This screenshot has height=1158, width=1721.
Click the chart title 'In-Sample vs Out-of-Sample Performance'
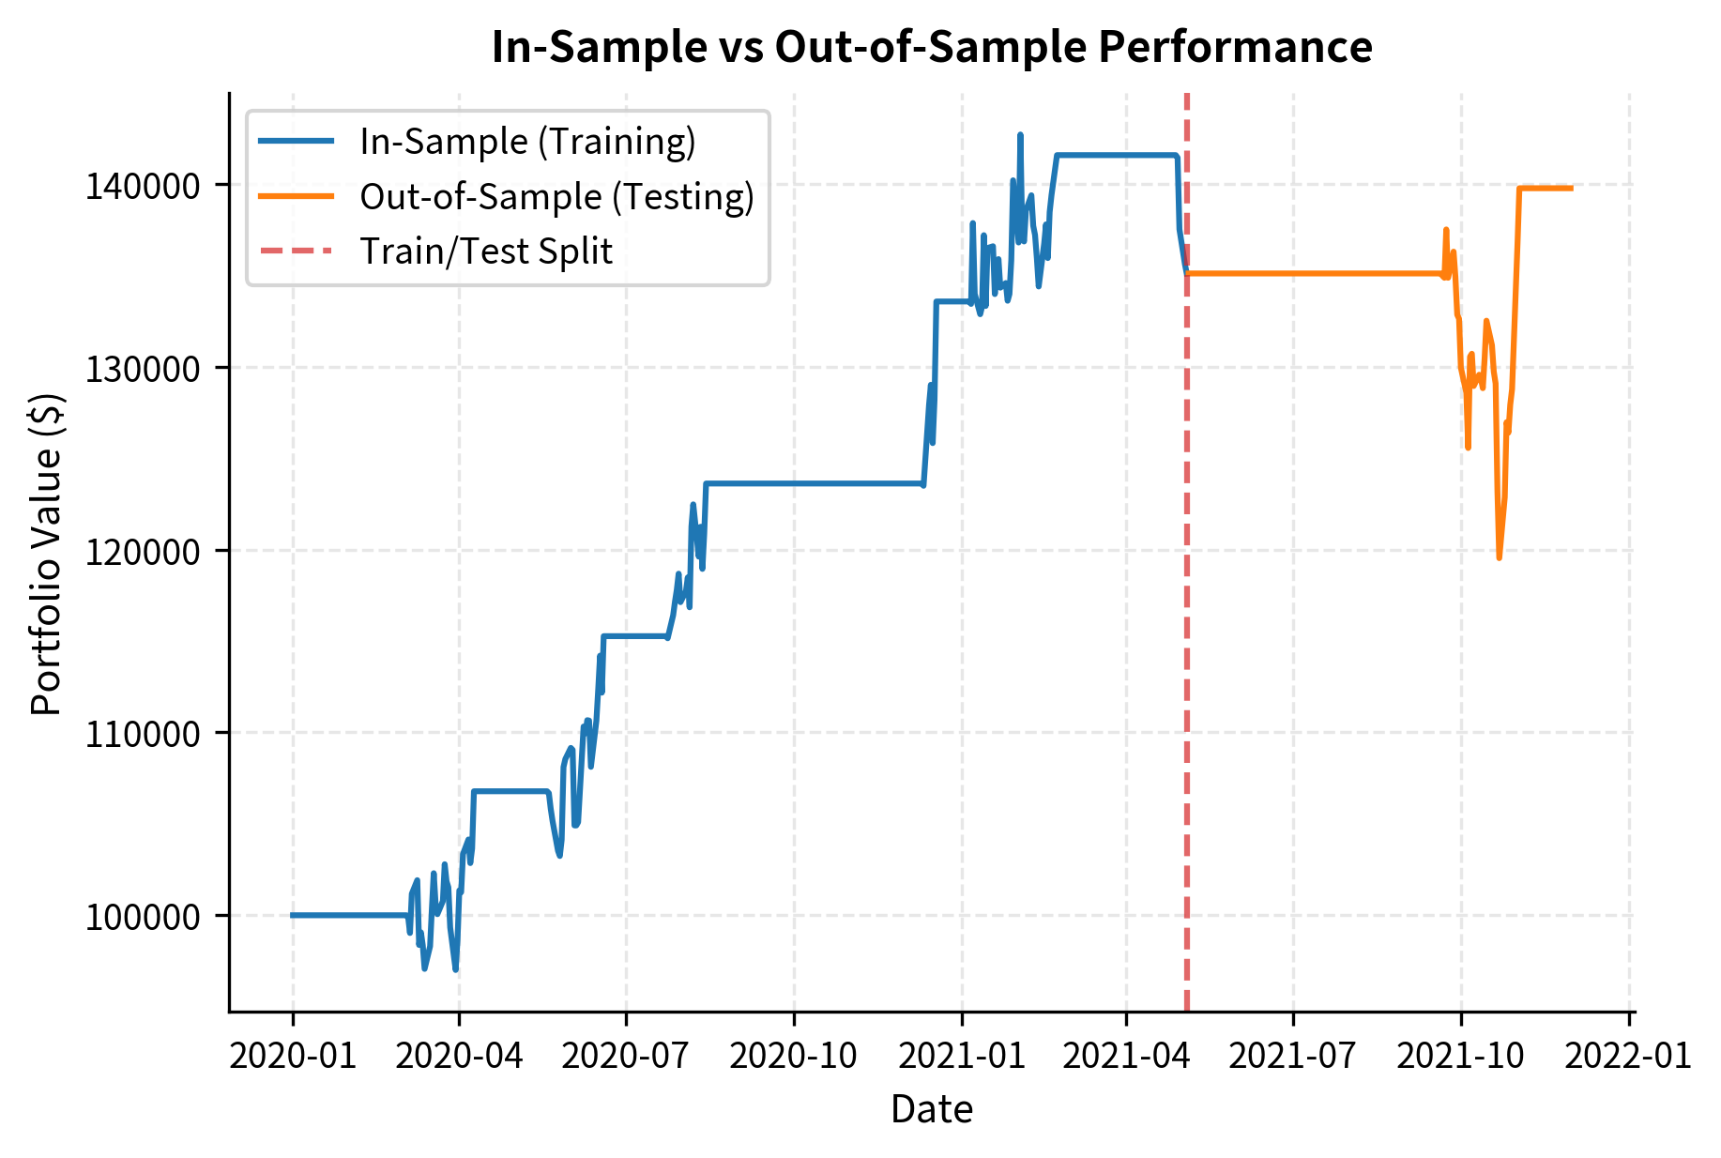(x=931, y=47)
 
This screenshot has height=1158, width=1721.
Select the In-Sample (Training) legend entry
(x=527, y=142)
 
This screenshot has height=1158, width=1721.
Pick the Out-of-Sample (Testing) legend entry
(x=556, y=197)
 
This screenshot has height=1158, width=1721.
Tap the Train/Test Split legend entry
(x=485, y=251)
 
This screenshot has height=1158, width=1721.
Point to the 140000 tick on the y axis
(x=143, y=186)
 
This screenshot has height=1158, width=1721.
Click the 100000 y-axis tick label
(x=143, y=917)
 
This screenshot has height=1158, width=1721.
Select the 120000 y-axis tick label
(x=143, y=552)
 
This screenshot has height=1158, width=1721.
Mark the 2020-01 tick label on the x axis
(x=293, y=1056)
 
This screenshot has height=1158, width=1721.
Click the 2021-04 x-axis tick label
(x=1126, y=1056)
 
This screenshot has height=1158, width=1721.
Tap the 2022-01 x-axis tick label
(x=1628, y=1056)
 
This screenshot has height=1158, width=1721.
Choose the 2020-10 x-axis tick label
(x=794, y=1056)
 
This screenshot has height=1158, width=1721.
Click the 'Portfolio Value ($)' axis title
(x=46, y=555)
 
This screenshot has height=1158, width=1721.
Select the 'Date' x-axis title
(x=931, y=1110)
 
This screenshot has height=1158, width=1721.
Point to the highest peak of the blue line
(x=1020, y=135)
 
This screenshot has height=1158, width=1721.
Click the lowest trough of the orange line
(x=1500, y=557)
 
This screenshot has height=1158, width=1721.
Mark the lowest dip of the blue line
(x=455, y=969)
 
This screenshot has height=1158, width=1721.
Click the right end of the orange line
(x=1572, y=189)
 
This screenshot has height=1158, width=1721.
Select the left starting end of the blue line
(x=292, y=915)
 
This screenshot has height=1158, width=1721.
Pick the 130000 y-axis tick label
(x=143, y=369)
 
